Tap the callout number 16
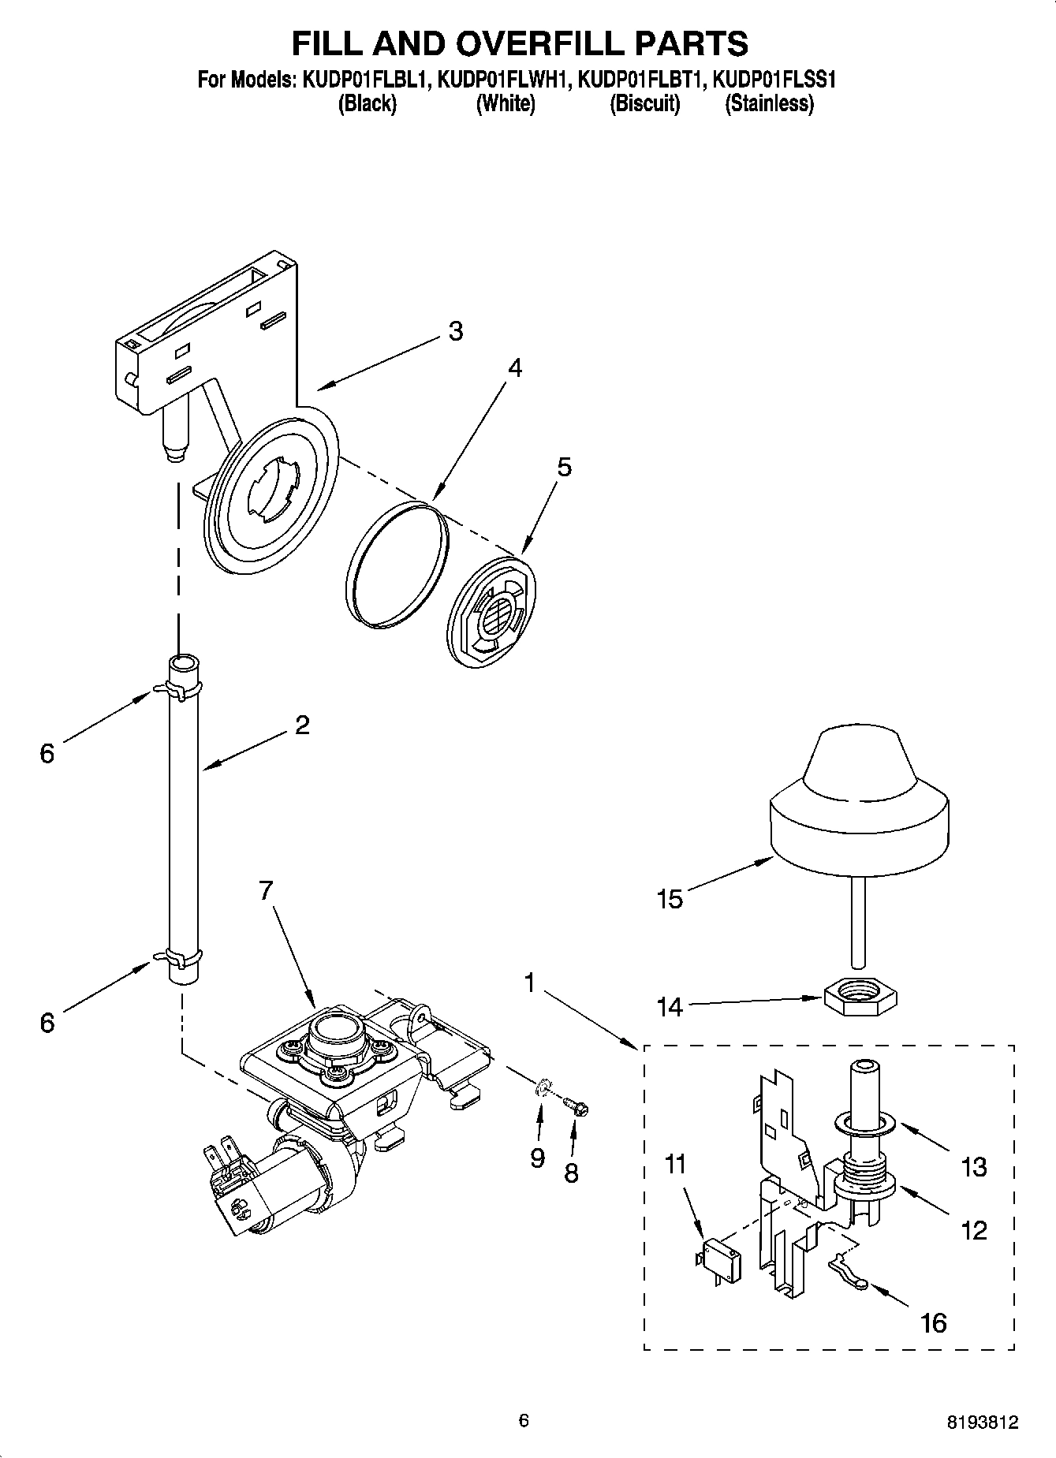[x=934, y=1322]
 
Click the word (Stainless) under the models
[x=769, y=103]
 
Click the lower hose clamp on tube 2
[x=183, y=958]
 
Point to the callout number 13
[x=974, y=1167]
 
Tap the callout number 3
[x=455, y=331]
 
